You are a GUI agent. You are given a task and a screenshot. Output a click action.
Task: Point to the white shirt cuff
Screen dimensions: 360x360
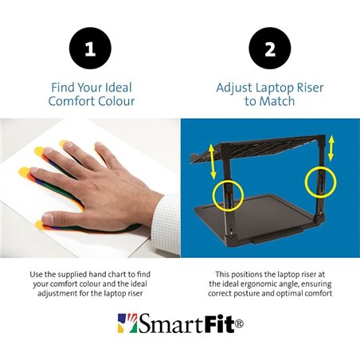pos(164,205)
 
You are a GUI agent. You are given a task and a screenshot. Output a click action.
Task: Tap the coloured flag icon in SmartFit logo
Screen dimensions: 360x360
pos(127,323)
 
